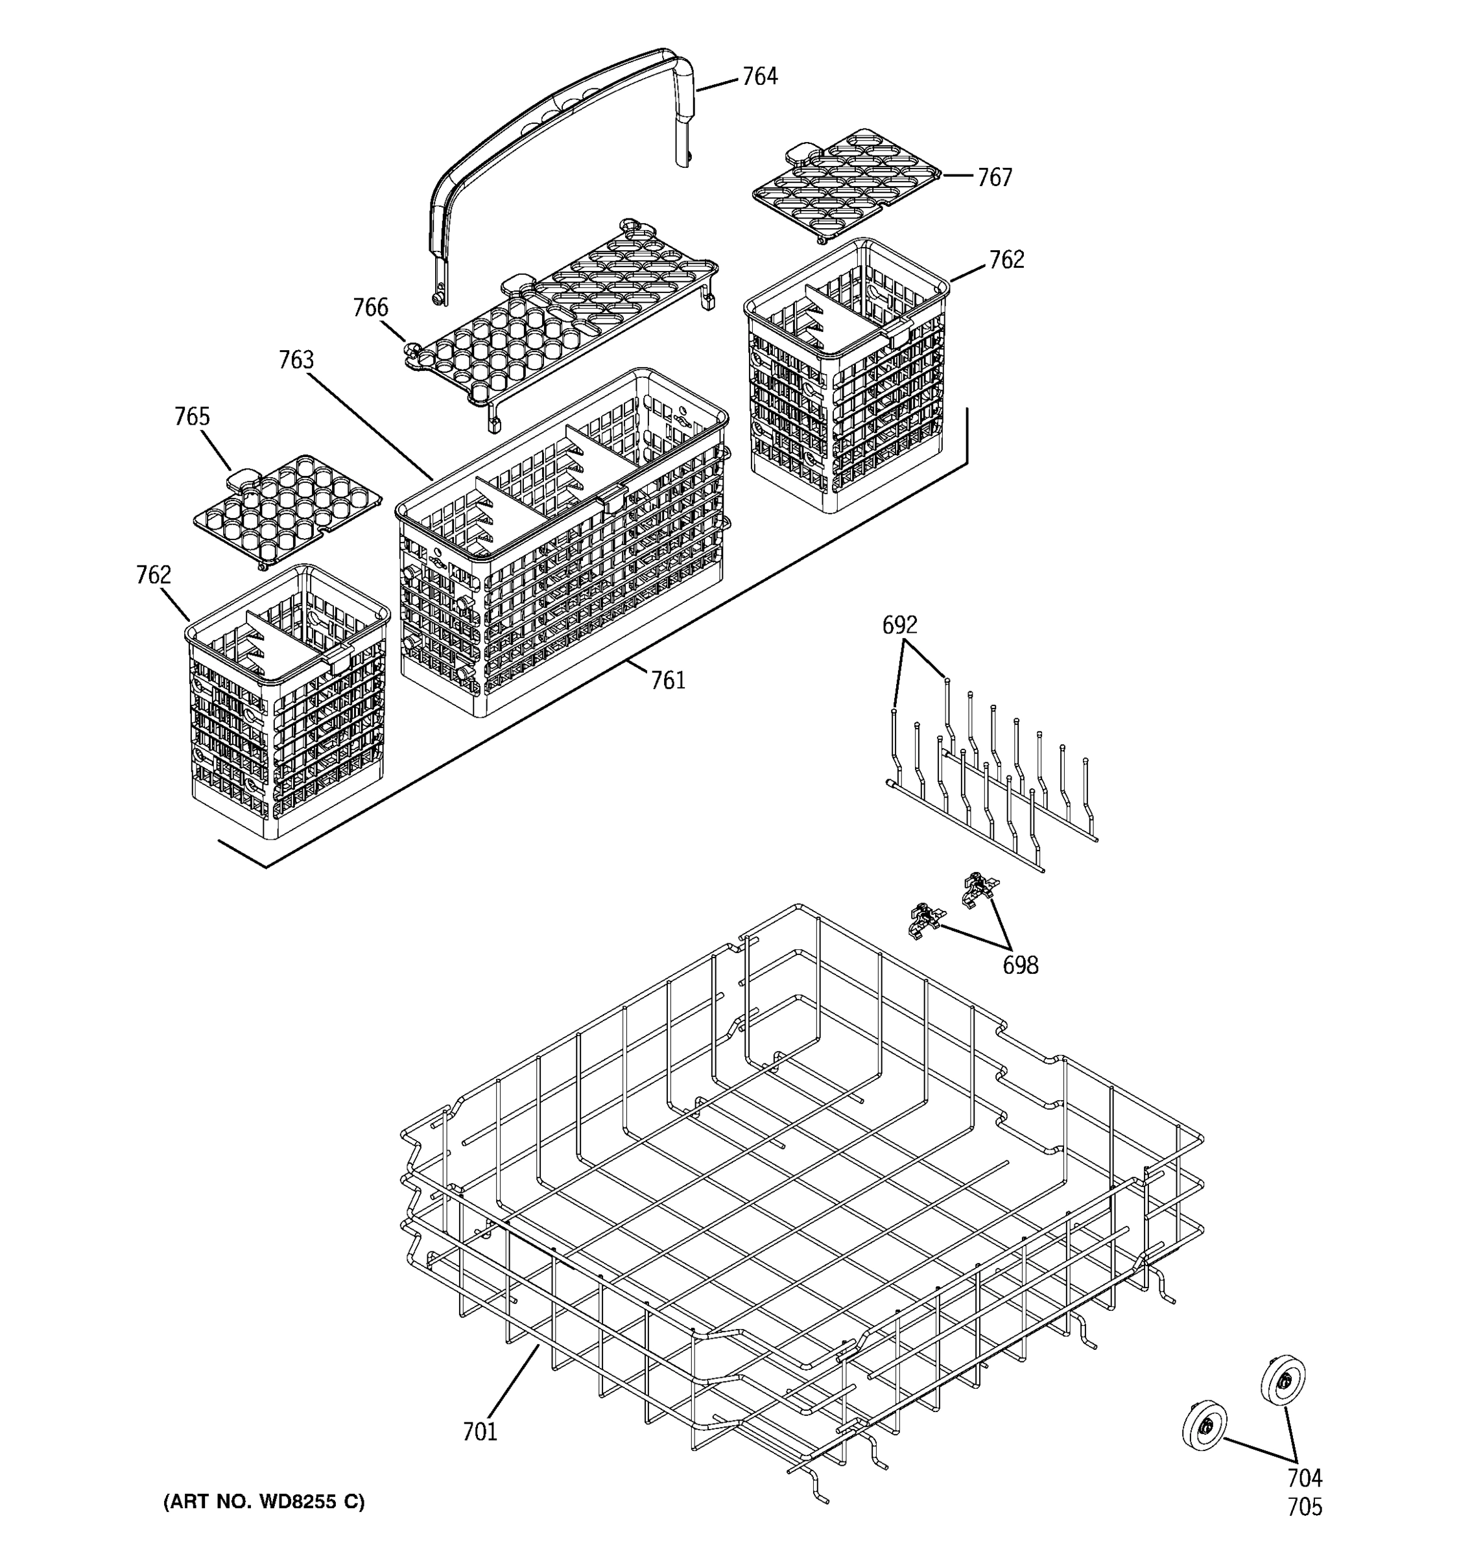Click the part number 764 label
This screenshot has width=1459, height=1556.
pyautogui.click(x=759, y=77)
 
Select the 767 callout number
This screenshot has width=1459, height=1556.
pyautogui.click(x=994, y=178)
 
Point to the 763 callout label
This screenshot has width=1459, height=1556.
pyautogui.click(x=296, y=360)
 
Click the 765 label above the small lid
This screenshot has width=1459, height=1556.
pyautogui.click(x=192, y=416)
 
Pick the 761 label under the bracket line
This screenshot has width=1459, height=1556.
pyautogui.click(x=669, y=681)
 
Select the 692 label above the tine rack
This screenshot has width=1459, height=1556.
pyautogui.click(x=899, y=624)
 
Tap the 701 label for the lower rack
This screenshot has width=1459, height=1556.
pyautogui.click(x=480, y=1432)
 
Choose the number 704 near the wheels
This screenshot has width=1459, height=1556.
pyautogui.click(x=1305, y=1478)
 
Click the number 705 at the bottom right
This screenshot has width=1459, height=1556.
pyautogui.click(x=1305, y=1507)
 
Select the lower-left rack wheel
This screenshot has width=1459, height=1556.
pyautogui.click(x=1204, y=1424)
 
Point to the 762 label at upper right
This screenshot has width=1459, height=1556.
pyautogui.click(x=1006, y=260)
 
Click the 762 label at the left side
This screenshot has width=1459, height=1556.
pyautogui.click(x=154, y=575)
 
